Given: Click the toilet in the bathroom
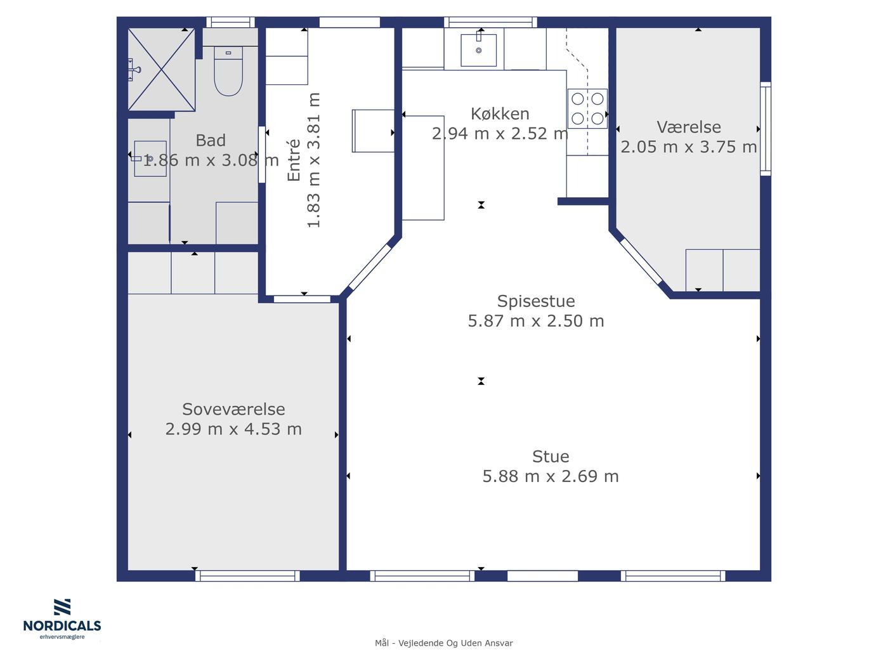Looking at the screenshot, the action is point(228,71).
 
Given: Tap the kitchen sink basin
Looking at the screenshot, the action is point(479,50).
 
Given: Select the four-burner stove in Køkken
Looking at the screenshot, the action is point(587,108).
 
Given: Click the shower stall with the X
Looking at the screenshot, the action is point(162,70).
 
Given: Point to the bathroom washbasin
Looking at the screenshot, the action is point(150,159).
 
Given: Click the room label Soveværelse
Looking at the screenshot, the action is point(233,409).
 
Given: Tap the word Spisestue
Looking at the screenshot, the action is point(535,301).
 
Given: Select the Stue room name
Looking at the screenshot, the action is point(551,457).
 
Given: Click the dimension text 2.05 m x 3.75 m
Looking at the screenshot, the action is point(689,147).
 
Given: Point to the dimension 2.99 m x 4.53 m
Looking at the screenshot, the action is point(233,429).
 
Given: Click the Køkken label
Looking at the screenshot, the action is point(500,114).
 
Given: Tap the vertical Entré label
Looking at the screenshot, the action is point(294,160).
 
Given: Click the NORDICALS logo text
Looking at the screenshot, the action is point(62,626).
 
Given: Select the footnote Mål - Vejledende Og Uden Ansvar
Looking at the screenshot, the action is point(444,643).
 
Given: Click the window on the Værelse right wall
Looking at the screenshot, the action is point(766,129).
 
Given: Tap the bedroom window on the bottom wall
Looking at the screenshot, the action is point(247,576).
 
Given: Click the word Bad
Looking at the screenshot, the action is point(211,140).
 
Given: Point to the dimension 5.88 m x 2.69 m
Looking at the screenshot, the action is point(551,476).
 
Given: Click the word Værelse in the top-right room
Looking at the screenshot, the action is point(689,127).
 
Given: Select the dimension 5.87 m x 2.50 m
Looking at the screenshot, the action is point(535,321).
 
